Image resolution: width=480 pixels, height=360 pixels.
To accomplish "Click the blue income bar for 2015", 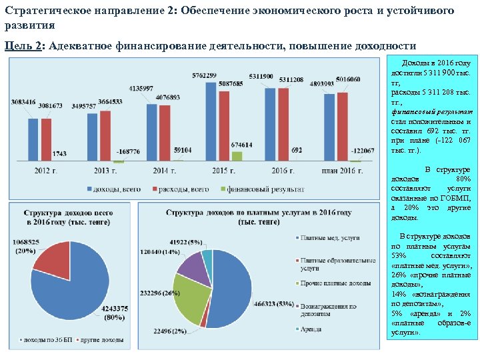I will point(211,121).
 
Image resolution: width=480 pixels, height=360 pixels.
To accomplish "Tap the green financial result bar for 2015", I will point(237,156).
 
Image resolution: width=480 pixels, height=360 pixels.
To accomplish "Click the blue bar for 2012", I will point(33,139).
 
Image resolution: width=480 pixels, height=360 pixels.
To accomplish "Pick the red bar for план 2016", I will point(343,127).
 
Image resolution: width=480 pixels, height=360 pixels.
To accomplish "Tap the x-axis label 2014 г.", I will point(162,171).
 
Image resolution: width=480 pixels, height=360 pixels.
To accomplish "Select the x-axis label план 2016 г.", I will point(340,171).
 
